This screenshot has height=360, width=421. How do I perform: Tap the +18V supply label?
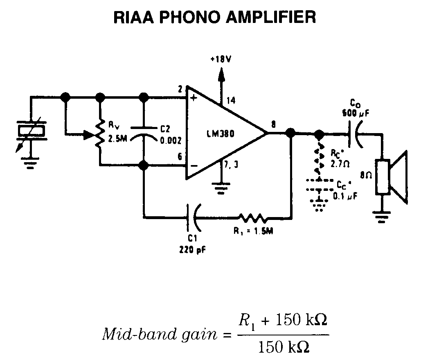[x=221, y=59]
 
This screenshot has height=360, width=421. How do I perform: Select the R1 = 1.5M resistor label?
[x=254, y=231]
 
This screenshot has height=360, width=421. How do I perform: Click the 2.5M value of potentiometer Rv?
[x=117, y=139]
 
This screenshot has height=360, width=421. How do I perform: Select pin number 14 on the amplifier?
[x=231, y=100]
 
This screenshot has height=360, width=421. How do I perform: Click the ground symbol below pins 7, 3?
[x=221, y=189]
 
